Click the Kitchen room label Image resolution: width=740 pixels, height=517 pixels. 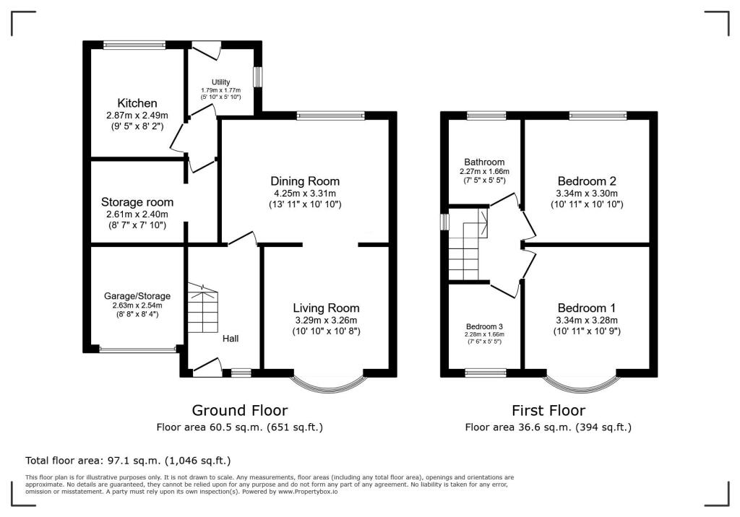[137, 103]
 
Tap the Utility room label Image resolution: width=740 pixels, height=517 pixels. [221, 82]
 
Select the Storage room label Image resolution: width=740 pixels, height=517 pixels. [137, 202]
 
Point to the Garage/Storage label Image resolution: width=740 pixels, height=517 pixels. [137, 296]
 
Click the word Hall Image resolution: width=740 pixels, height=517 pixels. [231, 338]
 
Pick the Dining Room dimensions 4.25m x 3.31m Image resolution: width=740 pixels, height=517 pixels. [305, 194]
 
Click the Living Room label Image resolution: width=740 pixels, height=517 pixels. [326, 308]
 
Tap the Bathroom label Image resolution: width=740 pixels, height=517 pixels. [484, 162]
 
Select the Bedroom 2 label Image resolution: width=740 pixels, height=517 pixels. [587, 181]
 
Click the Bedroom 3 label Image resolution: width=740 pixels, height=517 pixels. [484, 326]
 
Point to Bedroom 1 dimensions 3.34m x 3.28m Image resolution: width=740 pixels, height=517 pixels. [587, 321]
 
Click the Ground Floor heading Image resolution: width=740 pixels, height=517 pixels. [240, 410]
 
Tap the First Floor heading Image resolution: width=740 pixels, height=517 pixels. [548, 410]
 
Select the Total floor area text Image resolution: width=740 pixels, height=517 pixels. [129, 461]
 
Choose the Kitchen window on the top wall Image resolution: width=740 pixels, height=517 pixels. [135, 45]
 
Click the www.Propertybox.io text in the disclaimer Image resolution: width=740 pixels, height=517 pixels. [308, 492]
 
